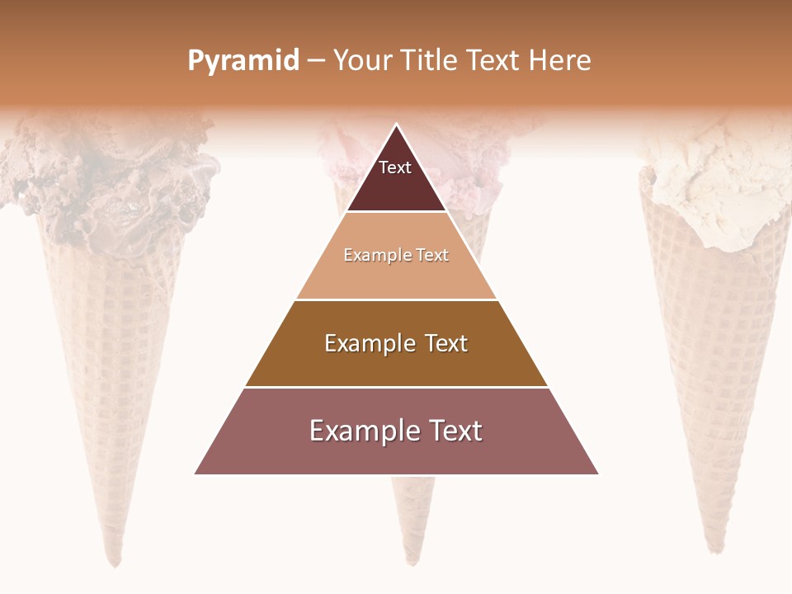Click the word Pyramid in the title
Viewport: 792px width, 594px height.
[243, 61]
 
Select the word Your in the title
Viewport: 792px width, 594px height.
[361, 61]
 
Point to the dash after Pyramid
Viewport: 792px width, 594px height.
[316, 61]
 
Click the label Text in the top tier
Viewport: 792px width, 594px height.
[395, 167]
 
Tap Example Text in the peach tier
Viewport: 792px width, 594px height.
[396, 255]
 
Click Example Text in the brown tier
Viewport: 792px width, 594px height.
[396, 343]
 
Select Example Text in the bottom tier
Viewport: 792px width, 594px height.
[396, 431]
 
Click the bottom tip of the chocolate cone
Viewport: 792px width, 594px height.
[116, 562]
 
